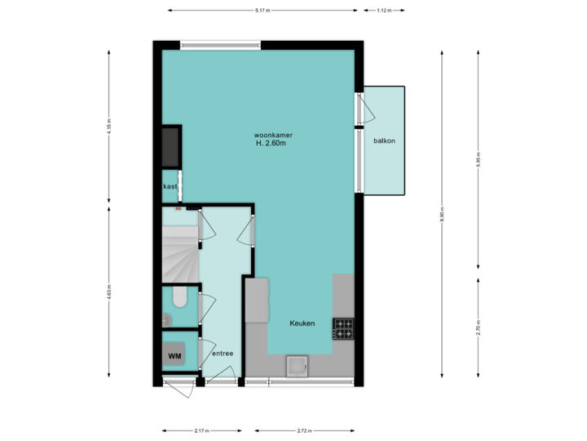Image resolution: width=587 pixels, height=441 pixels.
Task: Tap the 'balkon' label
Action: pos(385,140)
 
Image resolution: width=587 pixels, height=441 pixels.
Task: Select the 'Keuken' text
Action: pos(302,324)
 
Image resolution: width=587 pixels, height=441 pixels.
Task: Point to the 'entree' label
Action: pos(223,354)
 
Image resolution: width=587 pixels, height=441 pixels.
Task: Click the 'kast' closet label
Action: pos(170,187)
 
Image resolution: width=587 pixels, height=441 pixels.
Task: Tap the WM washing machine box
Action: pos(174,356)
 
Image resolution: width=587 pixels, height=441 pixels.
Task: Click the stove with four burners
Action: pos(343,328)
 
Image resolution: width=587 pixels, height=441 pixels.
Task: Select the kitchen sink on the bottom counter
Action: pos(294,367)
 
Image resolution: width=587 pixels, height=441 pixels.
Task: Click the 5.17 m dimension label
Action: pos(262,11)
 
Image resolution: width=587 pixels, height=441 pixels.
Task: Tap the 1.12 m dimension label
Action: pos(384,11)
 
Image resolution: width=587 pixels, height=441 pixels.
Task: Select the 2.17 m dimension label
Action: pos(201,430)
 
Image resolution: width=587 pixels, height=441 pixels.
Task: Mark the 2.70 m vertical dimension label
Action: pos(478,327)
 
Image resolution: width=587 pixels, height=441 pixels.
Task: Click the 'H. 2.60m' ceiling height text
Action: pos(271,144)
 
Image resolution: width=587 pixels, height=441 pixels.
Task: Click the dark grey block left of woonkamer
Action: pos(170,146)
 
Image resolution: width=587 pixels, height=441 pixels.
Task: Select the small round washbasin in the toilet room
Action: pos(167,319)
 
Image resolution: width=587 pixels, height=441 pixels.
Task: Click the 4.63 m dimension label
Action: pos(109,292)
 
